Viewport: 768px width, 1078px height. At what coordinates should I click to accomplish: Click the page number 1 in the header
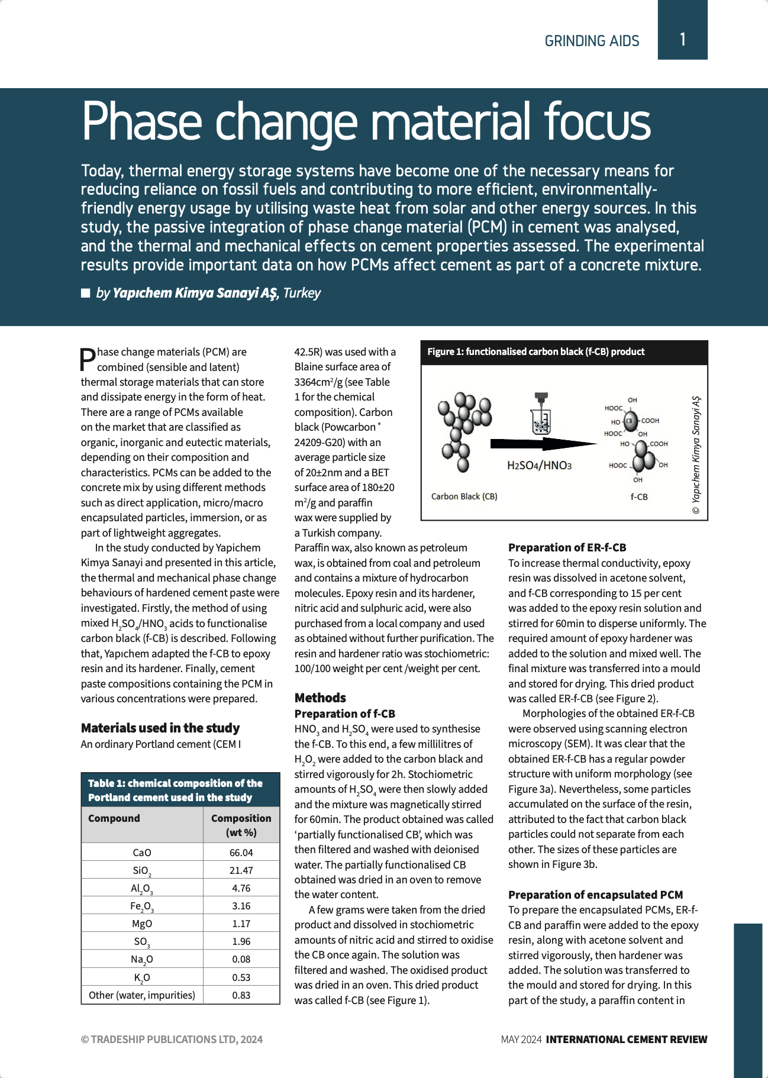coord(682,40)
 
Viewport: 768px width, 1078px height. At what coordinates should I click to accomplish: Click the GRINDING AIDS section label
coord(592,41)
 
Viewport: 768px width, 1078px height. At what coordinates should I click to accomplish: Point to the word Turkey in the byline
coord(302,293)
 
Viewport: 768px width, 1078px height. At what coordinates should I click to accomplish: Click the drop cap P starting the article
coord(88,359)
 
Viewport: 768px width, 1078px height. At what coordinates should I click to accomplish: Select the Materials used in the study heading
coord(160,728)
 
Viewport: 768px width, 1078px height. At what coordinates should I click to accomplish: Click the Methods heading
coord(320,698)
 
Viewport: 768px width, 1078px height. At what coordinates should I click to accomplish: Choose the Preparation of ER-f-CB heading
coord(567,547)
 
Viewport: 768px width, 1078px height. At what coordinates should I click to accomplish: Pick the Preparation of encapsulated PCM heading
coord(595,895)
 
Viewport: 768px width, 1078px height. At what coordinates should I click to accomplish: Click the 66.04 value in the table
coord(241,853)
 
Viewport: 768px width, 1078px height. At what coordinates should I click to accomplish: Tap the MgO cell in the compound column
coord(142,924)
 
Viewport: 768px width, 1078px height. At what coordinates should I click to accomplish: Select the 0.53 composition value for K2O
coord(241,977)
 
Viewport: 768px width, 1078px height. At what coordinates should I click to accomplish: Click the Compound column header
coord(114,818)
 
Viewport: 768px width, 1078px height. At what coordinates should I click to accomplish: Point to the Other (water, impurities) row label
coord(142,995)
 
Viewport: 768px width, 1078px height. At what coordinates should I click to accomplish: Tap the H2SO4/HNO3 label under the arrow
coord(539,466)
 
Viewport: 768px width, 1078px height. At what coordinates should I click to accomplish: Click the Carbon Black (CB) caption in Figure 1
coord(464,496)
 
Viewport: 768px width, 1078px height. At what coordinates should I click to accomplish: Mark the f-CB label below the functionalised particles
coord(639,497)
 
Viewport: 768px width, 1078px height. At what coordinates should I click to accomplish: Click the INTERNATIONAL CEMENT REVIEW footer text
coord(626,1039)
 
